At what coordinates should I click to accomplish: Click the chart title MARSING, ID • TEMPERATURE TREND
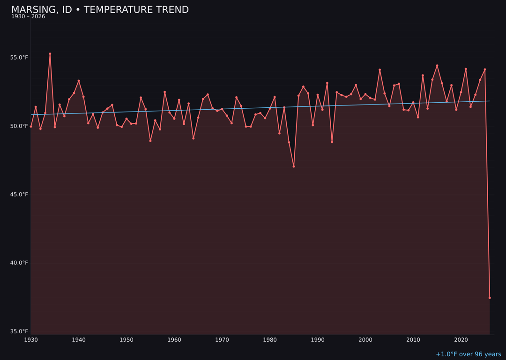point(100,10)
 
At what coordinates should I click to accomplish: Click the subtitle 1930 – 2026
point(28,17)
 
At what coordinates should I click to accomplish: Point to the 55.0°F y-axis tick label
point(19,58)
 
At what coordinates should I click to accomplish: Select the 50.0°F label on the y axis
point(19,126)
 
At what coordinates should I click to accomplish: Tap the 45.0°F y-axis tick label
point(19,195)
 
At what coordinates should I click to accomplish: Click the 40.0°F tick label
point(19,263)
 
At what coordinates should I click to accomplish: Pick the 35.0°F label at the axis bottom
point(19,331)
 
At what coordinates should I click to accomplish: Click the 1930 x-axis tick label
point(31,340)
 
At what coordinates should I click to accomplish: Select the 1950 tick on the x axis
point(126,340)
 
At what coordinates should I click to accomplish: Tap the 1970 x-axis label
point(222,340)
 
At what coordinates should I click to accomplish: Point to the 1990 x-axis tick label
point(318,340)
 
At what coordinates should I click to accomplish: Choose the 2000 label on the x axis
point(365,340)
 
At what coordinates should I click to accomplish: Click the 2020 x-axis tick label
point(461,340)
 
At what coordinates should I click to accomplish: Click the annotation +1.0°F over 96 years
point(468,354)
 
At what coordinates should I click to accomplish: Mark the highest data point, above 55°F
point(50,54)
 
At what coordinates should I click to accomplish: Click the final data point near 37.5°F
point(490,298)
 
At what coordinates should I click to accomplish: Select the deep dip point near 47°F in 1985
point(294,166)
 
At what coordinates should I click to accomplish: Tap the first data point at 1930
point(31,127)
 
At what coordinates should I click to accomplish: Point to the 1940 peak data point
point(79,81)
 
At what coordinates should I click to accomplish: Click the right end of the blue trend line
point(489,101)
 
